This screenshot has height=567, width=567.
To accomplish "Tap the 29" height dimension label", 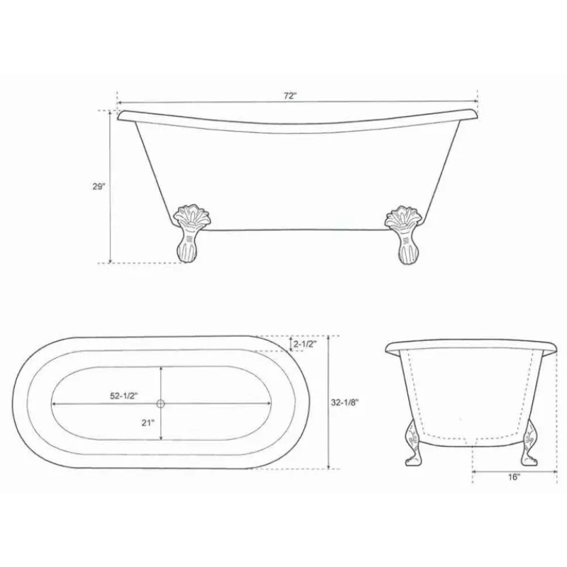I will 99,187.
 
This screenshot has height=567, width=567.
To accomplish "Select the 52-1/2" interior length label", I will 123,397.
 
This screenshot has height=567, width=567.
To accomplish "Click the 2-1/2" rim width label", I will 305,344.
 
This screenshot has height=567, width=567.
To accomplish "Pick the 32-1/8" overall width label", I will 345,402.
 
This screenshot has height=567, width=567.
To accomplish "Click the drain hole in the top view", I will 160,404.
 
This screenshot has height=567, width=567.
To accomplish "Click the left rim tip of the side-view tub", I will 120,114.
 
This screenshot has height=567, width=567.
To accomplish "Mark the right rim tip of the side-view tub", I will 479,112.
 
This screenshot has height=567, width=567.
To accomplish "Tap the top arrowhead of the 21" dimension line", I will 161,369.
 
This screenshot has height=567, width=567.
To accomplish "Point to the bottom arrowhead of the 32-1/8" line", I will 330,467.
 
